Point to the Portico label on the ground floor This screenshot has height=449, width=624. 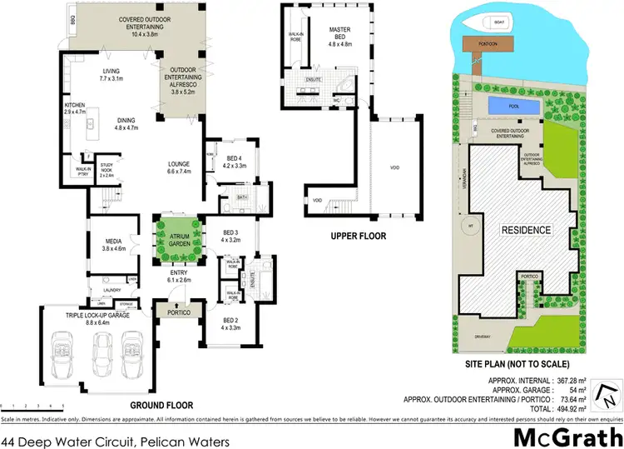coord(179,313)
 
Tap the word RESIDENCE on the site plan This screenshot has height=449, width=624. coord(525,230)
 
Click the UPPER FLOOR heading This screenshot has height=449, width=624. coord(359,236)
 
